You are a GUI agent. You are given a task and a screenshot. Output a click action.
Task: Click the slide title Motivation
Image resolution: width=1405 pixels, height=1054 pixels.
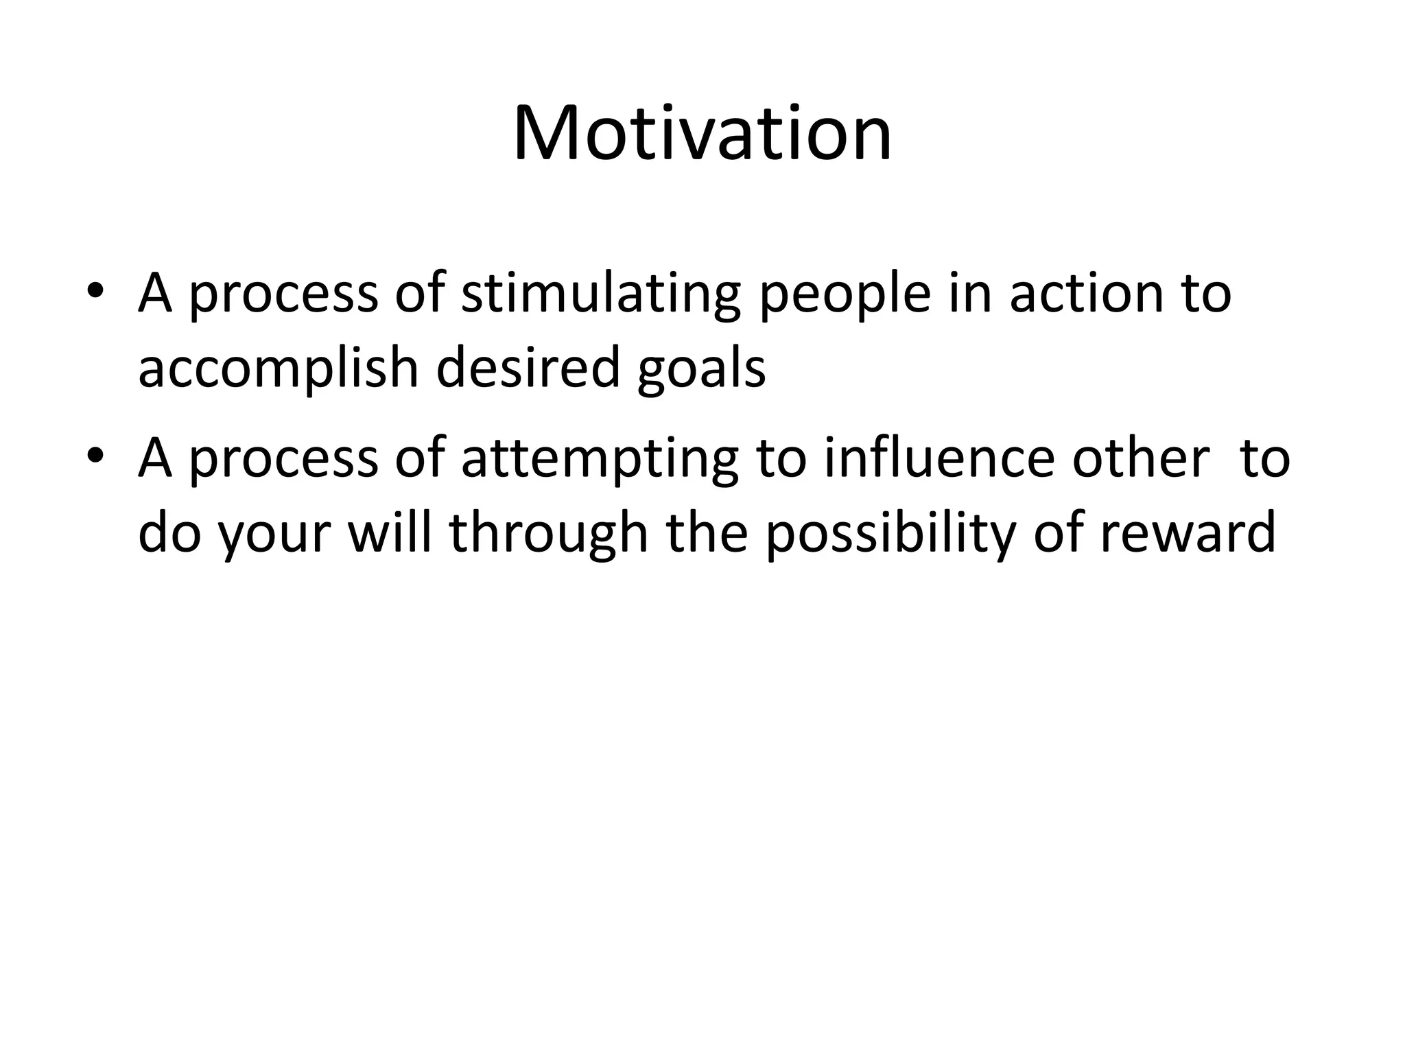tap(702, 134)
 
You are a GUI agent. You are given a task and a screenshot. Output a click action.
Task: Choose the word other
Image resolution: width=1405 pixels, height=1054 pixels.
tap(1141, 458)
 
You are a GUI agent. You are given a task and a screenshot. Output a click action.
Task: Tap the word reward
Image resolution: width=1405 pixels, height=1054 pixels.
tap(1188, 534)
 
